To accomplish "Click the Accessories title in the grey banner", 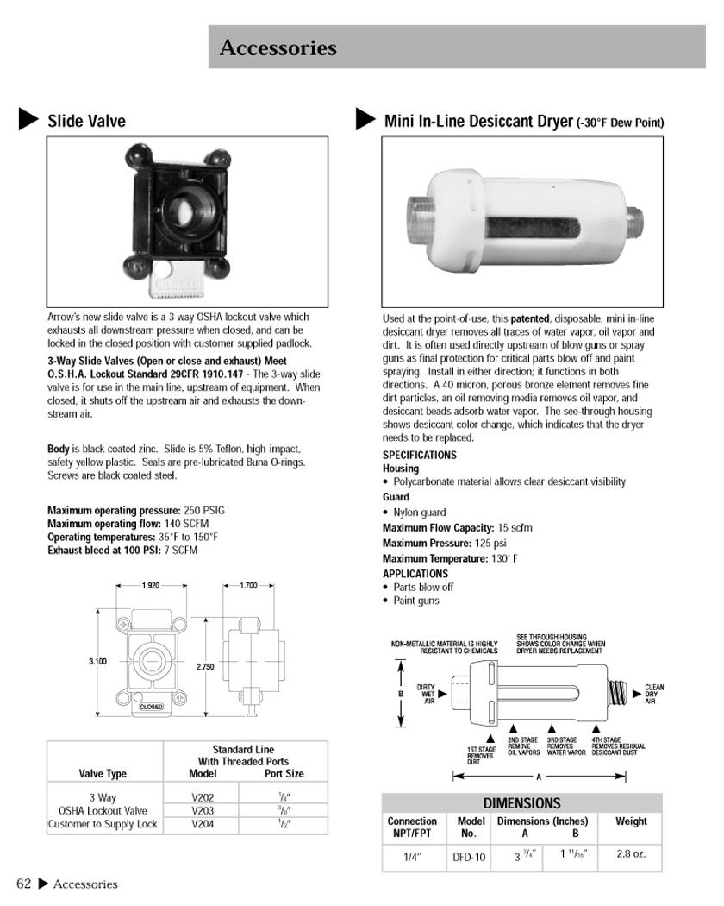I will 278,47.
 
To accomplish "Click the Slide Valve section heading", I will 86,121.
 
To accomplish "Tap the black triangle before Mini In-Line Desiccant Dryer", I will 365,119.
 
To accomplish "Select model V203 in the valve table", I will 203,811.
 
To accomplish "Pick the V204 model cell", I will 203,825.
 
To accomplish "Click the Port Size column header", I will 284,774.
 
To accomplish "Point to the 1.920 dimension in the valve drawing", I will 151,586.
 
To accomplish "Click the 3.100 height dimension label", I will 97,662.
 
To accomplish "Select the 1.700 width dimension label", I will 247,586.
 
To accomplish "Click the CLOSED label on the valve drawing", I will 151,707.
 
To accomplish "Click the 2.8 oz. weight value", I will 631,854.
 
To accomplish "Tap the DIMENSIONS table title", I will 521,803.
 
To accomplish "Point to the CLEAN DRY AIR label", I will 654,695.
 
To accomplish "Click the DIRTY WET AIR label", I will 427,694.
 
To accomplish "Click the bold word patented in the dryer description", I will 530,318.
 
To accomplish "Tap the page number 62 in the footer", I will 24,884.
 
